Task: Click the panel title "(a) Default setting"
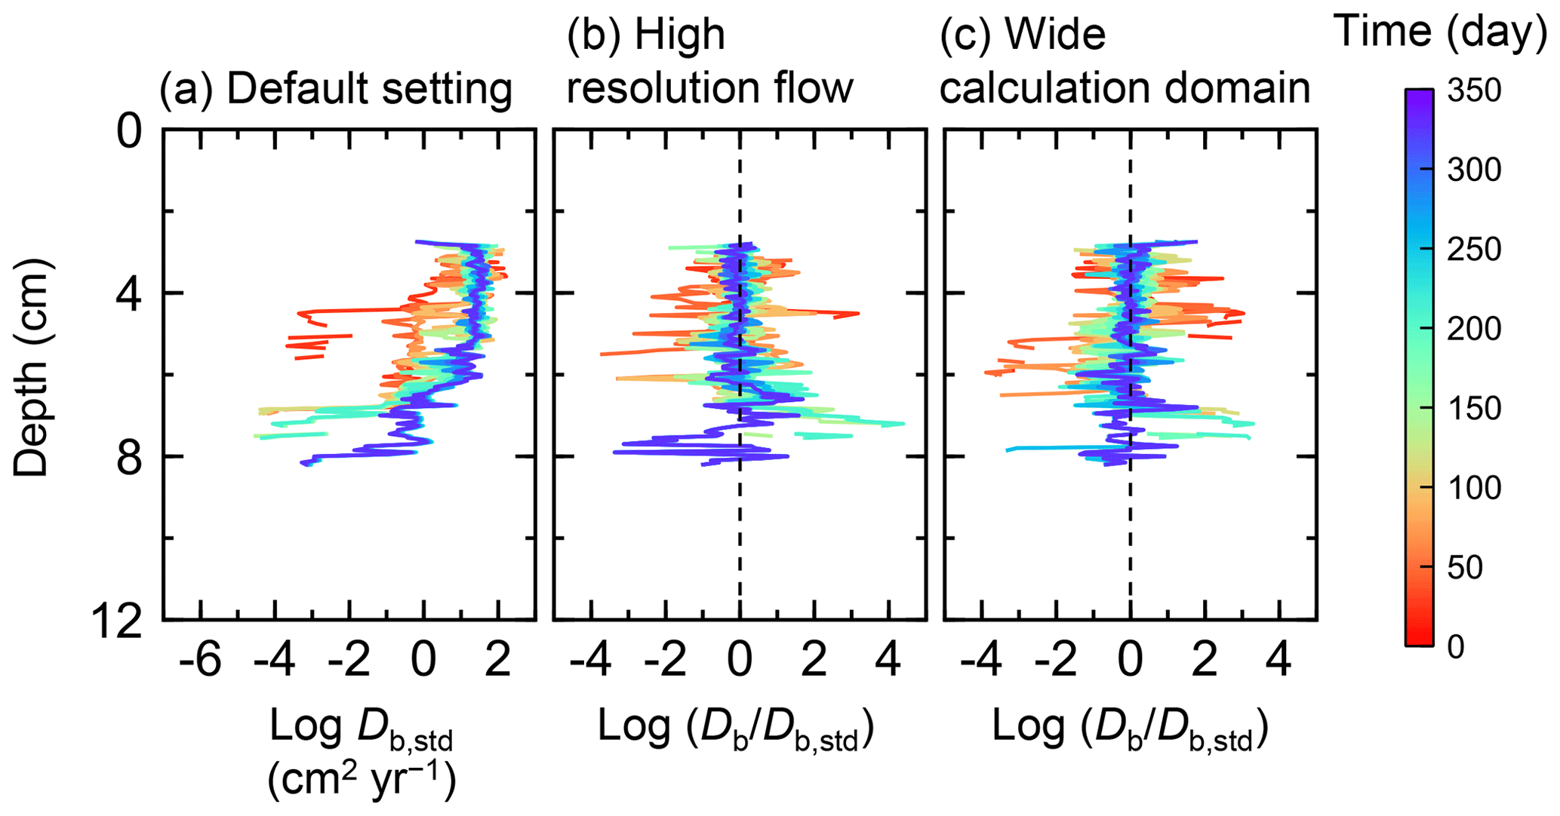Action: pos(335,89)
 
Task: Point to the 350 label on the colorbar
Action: pos(1474,91)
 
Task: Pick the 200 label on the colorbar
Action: pos(1474,330)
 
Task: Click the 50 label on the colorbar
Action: pos(1465,567)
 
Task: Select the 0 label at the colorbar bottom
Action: pos(1456,647)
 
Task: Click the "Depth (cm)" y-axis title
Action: pos(32,367)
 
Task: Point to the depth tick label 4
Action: pos(129,295)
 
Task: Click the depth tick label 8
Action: pos(129,458)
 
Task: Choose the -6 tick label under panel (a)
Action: pos(200,662)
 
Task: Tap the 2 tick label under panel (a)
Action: pos(497,662)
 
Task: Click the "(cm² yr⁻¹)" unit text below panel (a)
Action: pos(362,781)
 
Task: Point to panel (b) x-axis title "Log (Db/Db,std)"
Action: pos(736,729)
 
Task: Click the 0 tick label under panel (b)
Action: pos(740,662)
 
